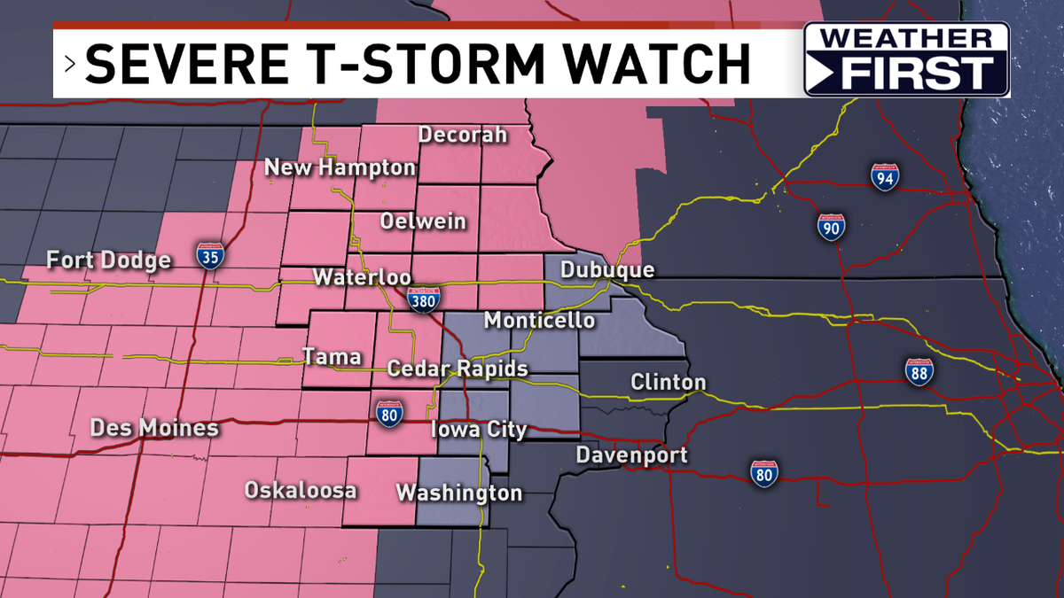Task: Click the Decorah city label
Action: point(463,135)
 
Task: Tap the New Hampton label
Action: point(340,167)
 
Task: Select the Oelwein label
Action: point(423,221)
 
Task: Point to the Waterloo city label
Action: point(361,276)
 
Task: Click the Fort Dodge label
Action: point(109,260)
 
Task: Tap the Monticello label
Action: point(539,320)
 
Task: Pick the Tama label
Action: point(332,356)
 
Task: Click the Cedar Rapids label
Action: point(458,368)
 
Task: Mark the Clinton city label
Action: point(669,383)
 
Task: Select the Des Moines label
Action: point(154,428)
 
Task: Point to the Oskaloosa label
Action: point(301,490)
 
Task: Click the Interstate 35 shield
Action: point(210,256)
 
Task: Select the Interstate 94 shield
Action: point(884,177)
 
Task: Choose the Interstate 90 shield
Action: point(831,227)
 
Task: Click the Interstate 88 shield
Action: point(919,372)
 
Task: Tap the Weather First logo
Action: point(906,59)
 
